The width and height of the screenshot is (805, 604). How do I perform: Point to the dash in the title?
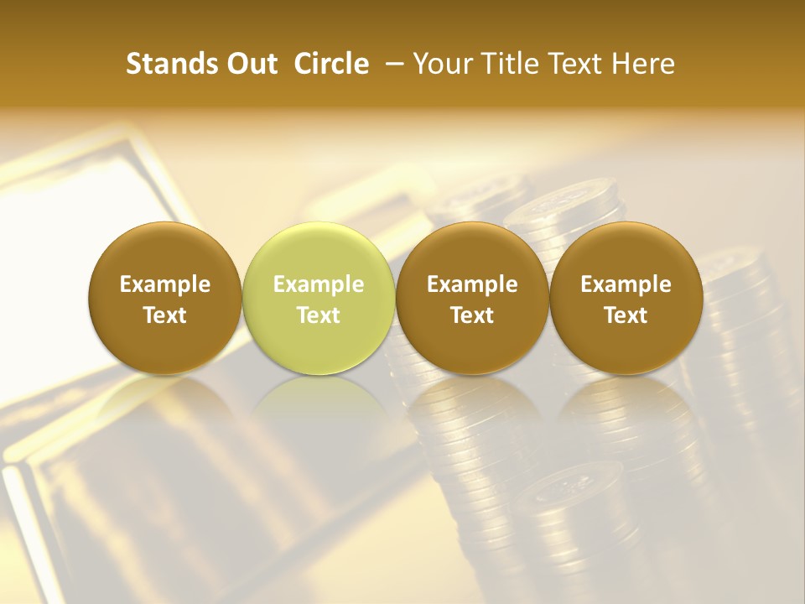coord(391,64)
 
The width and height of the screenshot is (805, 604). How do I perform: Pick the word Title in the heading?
coord(506,64)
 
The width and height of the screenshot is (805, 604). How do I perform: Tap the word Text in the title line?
coord(570,64)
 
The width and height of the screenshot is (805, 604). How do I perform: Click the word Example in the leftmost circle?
coord(165,284)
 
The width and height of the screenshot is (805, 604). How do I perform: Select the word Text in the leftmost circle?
coord(165,315)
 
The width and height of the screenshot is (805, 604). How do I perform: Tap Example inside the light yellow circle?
coord(319,284)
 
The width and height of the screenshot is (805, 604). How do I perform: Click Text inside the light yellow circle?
coord(319,315)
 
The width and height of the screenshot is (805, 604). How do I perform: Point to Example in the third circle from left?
coord(472,284)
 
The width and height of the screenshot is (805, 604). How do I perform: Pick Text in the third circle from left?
coord(472,315)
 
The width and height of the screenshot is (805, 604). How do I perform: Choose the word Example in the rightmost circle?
coord(626,284)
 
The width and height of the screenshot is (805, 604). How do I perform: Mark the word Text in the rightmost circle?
coord(626,315)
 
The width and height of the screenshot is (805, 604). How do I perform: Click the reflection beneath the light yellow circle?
coord(319,403)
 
